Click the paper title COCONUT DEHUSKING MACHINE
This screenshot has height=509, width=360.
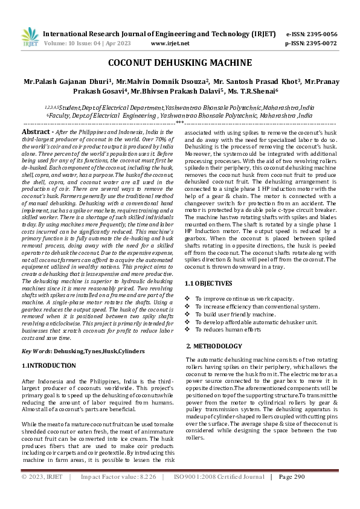click(180, 63)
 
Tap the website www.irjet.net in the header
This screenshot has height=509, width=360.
click(170, 43)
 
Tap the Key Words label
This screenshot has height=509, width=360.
click(35, 351)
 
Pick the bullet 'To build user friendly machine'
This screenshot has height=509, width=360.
click(235, 315)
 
